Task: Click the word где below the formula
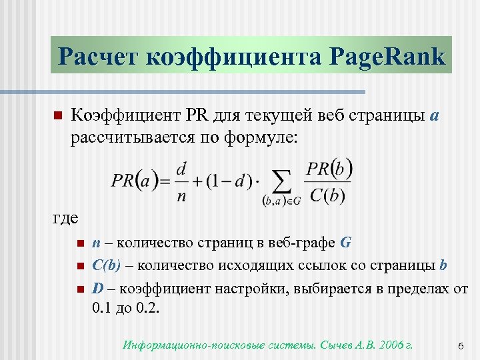pyautogui.click(x=65, y=218)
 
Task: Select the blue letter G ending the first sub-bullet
pyautogui.click(x=345, y=242)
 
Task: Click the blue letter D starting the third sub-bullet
pyautogui.click(x=97, y=289)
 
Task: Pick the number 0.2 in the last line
pyautogui.click(x=148, y=309)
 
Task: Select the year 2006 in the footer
pyautogui.click(x=390, y=345)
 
